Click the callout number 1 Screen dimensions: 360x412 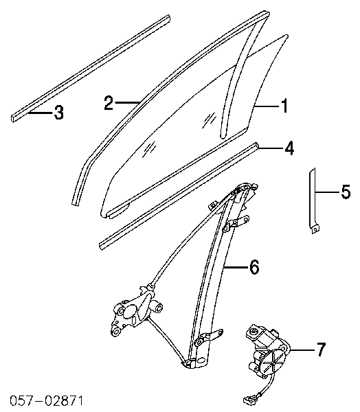click(x=284, y=106)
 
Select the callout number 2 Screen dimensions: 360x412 click(x=109, y=103)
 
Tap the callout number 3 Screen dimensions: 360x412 click(x=58, y=113)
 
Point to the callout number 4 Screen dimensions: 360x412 click(x=289, y=148)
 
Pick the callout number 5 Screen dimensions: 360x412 click(x=346, y=192)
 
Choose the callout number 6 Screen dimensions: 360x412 click(x=254, y=267)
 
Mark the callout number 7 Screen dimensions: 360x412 click(x=321, y=350)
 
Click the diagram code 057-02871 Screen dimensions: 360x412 click(x=46, y=401)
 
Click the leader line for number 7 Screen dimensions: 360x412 click(x=302, y=350)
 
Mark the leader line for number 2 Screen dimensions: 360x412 click(x=126, y=102)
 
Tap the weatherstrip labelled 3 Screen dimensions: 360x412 click(x=91, y=68)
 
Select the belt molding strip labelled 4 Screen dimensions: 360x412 click(x=179, y=196)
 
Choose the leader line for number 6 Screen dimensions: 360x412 click(x=236, y=267)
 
